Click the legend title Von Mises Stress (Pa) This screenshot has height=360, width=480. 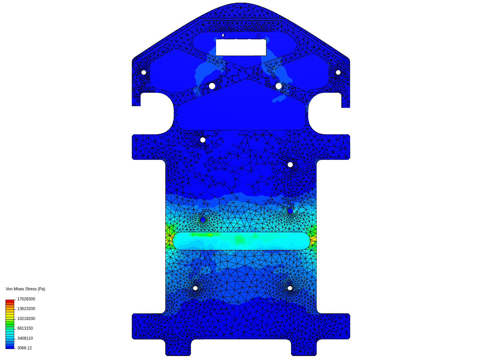pos(25,289)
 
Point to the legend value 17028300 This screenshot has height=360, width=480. pos(26,299)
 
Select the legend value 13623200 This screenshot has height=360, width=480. pos(26,309)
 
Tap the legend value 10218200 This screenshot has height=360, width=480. pos(26,318)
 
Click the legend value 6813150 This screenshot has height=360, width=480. pos(25,328)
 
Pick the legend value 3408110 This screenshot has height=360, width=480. pos(25,338)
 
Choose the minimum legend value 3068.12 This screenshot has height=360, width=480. pos(24,348)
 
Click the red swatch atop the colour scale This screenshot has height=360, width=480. pos(10,301)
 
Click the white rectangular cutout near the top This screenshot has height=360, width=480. pos(241,47)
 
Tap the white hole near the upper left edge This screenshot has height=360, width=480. pos(144,72)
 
